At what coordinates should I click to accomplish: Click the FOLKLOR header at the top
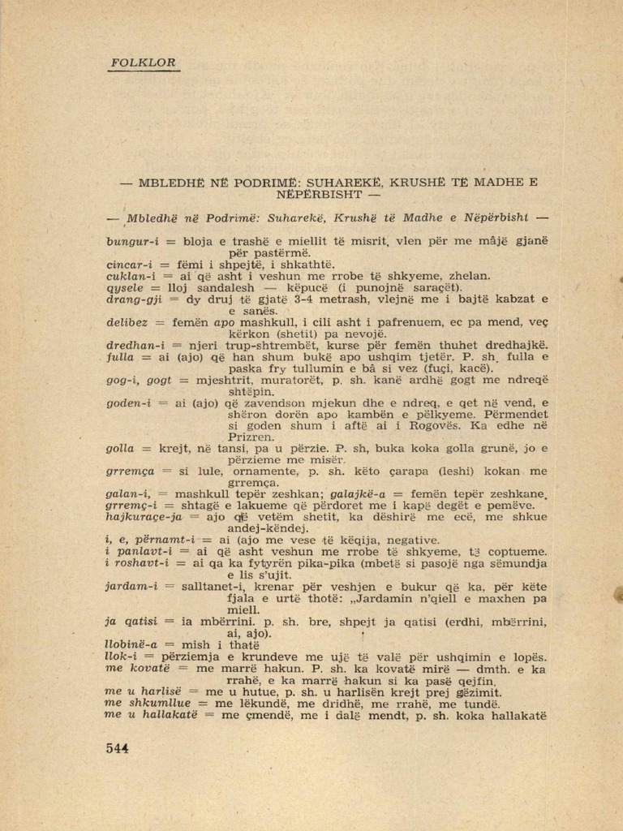pos(142,62)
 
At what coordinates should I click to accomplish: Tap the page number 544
pos(118,748)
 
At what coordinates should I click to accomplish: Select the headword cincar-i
pos(130,265)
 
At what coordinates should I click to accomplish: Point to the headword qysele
pos(124,287)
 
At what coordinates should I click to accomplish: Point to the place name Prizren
pos(250,436)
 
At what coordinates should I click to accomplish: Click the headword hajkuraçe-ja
pos(144,516)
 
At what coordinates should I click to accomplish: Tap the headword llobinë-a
pos(133,645)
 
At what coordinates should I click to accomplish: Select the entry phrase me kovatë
pos(136,668)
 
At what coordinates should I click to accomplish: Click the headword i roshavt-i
pos(137,562)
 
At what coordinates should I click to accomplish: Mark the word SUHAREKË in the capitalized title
pos(348,183)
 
